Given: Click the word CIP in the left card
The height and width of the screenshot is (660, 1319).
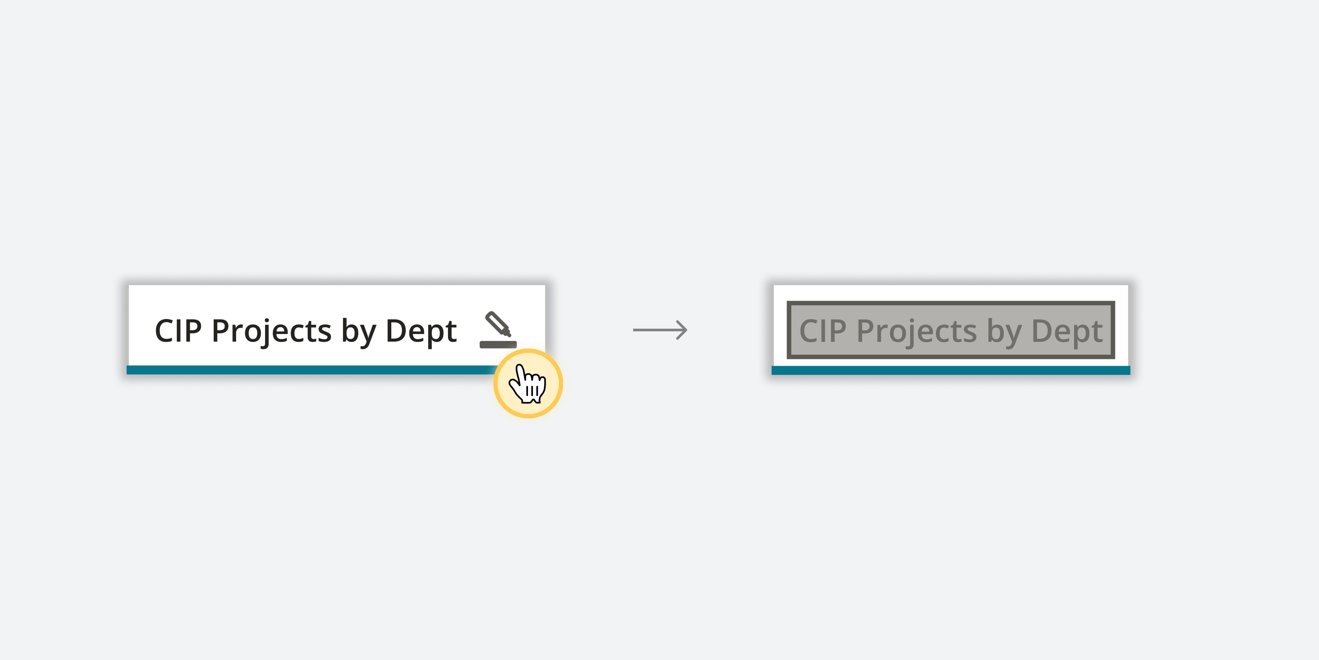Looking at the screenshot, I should (178, 331).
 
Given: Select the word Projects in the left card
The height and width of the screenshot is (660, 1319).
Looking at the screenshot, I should (271, 331).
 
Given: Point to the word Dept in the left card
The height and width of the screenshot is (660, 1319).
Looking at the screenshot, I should (421, 331).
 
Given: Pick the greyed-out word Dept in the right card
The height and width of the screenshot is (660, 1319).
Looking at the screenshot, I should (1067, 331).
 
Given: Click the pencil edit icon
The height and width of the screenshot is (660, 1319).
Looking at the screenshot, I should (498, 324).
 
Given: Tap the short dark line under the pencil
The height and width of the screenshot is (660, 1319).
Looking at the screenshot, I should (498, 345).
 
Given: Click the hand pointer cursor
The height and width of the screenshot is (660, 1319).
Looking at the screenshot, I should (528, 384).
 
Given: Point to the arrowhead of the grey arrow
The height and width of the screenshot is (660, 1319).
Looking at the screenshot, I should (682, 330).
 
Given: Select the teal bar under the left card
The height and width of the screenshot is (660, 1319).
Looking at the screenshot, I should (307, 370).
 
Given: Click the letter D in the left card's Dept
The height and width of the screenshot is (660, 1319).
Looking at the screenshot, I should (397, 331).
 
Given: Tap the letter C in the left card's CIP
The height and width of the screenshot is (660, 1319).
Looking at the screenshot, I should (164, 331).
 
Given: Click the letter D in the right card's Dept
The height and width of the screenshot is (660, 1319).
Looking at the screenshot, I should (1042, 331).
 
